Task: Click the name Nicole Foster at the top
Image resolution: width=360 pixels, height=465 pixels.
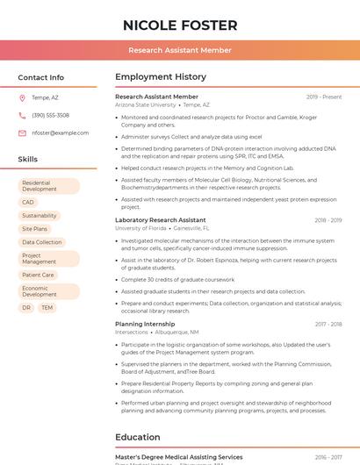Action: (180, 25)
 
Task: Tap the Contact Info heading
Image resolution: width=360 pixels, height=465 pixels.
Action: (40, 77)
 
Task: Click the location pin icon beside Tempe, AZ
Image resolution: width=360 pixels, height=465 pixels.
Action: (22, 98)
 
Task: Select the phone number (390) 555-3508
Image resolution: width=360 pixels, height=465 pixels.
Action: (50, 116)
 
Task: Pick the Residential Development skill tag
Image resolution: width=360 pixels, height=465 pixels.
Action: (48, 186)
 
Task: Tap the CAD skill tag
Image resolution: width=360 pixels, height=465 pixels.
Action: (28, 203)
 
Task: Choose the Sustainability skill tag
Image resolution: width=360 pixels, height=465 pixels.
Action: (40, 216)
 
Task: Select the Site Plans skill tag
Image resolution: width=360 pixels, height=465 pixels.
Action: (34, 229)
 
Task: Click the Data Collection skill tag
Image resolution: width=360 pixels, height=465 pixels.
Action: (42, 242)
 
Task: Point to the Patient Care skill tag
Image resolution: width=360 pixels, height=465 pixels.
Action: (38, 275)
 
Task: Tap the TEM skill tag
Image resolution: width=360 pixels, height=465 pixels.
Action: (47, 308)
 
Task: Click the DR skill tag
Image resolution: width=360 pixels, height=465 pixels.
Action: (26, 308)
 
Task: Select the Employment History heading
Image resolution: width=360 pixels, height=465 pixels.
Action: (160, 77)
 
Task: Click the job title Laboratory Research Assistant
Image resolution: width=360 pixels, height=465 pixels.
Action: (160, 220)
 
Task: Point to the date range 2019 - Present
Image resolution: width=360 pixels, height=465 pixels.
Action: (324, 97)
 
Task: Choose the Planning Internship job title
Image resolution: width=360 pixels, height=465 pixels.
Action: (145, 325)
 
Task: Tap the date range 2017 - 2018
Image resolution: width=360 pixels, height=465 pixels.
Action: (328, 325)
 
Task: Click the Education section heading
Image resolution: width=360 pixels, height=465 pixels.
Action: (139, 437)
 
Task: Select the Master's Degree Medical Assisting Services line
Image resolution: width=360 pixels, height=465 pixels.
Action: (178, 457)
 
